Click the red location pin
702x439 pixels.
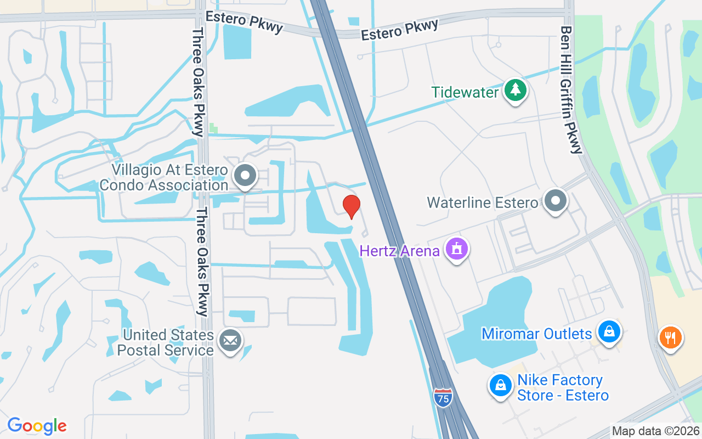click(351, 206)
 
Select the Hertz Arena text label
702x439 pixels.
click(399, 251)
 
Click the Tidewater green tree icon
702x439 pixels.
click(514, 90)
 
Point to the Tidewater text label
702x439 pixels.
click(465, 92)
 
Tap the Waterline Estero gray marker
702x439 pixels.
click(556, 201)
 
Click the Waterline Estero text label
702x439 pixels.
click(483, 202)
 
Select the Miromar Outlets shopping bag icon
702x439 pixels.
click(609, 332)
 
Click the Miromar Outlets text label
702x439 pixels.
click(536, 334)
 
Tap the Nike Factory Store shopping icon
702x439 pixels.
click(500, 386)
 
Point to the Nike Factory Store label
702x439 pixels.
click(563, 387)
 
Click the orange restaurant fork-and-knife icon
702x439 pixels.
click(670, 337)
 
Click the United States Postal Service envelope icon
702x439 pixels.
click(230, 341)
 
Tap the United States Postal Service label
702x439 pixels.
click(168, 342)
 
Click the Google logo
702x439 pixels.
click(37, 426)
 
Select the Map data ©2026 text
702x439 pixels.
click(655, 431)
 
